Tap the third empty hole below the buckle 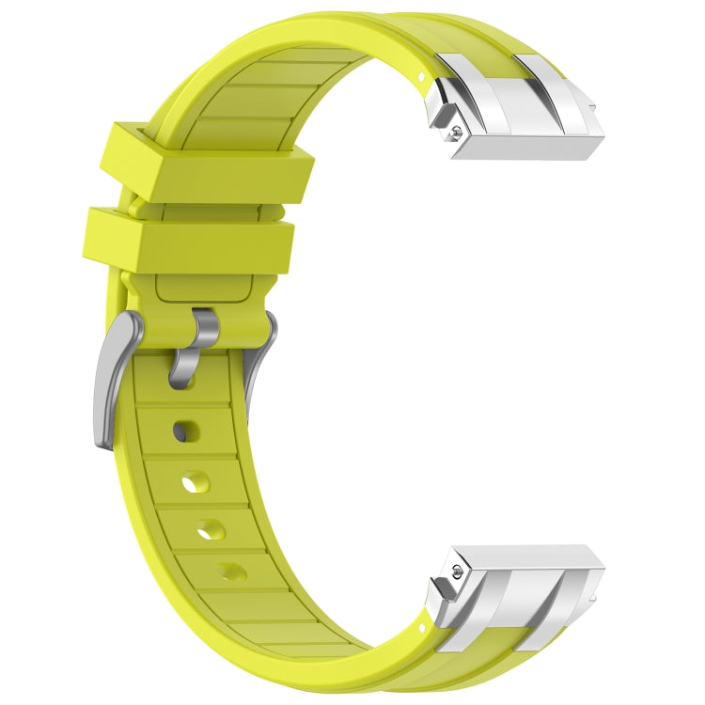pyautogui.click(x=211, y=528)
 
